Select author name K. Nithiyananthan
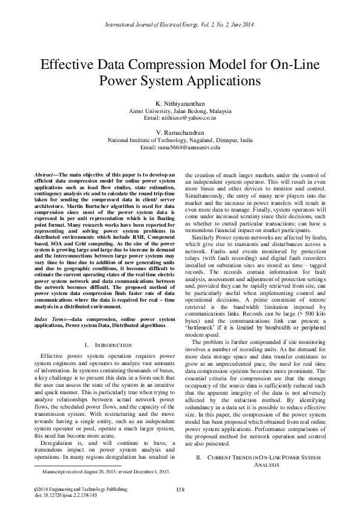tap(180, 105)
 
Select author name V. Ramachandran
tap(180, 132)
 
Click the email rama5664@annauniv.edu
tap(180, 146)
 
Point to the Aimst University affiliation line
tap(180, 112)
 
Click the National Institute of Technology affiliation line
tap(180, 139)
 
